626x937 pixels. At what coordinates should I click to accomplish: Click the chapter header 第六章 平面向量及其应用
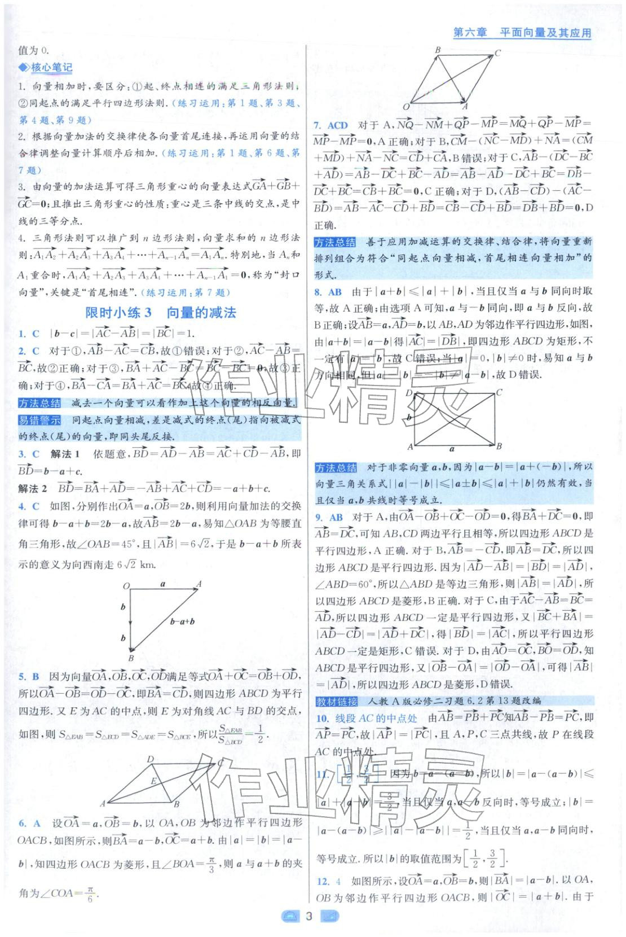pos(522,33)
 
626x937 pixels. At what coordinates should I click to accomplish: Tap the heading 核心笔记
pos(51,68)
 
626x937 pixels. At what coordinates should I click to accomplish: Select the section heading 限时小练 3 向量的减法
pos(160,313)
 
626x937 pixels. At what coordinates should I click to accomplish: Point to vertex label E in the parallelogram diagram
pos(153,781)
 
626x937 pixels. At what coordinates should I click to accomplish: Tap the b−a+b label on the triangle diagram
pos(182,621)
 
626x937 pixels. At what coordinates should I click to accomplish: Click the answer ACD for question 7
pos(338,125)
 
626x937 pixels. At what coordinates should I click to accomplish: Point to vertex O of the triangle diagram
pos(126,586)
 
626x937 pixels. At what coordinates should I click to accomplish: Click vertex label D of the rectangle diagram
pos(409,393)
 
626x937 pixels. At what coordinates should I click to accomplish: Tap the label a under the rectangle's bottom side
pos(452,450)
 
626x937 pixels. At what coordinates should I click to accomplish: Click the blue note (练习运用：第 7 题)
pos(186,292)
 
